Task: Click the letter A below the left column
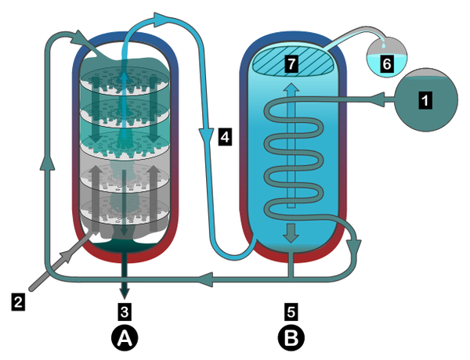(x=123, y=338)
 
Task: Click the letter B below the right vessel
(x=291, y=338)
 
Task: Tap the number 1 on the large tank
(x=425, y=100)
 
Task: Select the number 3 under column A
(x=123, y=312)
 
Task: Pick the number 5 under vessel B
(x=291, y=312)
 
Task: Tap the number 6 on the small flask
(x=386, y=63)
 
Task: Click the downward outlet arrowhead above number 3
(x=123, y=295)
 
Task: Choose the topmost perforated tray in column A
(x=125, y=82)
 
